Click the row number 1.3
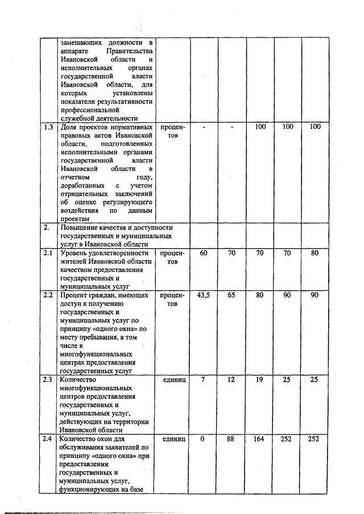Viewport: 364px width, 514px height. click(49, 127)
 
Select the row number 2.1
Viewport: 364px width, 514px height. click(49, 253)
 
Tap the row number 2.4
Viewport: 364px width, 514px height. click(49, 439)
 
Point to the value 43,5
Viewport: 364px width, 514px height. click(204, 295)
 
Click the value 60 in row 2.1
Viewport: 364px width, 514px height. click(204, 253)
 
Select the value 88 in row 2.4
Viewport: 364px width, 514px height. click(231, 439)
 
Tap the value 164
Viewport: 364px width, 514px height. click(260, 439)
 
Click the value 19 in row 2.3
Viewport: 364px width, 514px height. click(260, 379)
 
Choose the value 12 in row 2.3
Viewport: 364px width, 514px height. click(231, 379)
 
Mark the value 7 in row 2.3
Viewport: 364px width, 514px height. click(204, 379)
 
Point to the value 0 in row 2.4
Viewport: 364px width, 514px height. click(204, 439)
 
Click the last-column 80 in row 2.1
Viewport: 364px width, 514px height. click(316, 253)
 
